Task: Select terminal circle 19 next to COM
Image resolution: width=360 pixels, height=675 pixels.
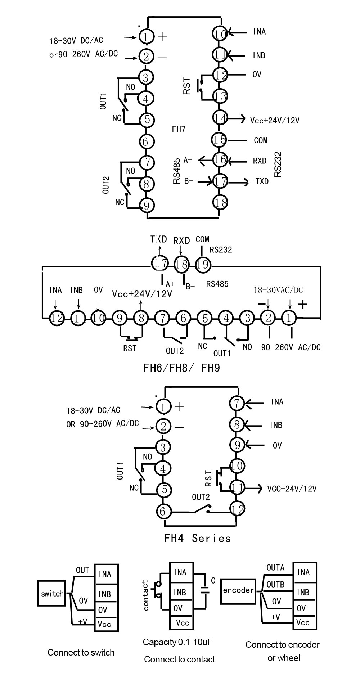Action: click(x=203, y=265)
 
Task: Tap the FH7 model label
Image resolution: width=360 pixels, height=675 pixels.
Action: click(x=179, y=129)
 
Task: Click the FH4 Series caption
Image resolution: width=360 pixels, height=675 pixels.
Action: click(x=197, y=539)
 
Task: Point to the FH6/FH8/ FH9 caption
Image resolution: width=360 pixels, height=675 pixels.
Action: click(x=181, y=368)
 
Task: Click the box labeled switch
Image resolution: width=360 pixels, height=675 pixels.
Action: click(x=52, y=594)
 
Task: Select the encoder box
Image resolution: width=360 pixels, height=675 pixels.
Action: click(x=238, y=590)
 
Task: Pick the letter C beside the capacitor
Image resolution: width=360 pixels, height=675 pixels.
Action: click(x=213, y=581)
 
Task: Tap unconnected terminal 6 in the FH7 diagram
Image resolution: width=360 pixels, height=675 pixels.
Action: click(x=145, y=141)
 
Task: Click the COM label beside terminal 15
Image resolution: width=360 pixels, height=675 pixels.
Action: click(x=261, y=140)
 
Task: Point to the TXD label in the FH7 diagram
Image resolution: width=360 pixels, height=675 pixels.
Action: click(x=262, y=181)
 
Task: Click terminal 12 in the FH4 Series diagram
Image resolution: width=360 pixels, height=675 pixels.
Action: click(x=238, y=509)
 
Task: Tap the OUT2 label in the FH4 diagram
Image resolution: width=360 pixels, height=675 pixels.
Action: click(x=201, y=497)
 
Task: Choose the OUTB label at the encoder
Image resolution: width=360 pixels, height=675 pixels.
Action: click(x=275, y=584)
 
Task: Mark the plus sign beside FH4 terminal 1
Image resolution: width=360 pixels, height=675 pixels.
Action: click(x=179, y=406)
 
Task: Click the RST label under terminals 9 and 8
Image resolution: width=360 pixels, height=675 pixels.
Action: click(x=130, y=348)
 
